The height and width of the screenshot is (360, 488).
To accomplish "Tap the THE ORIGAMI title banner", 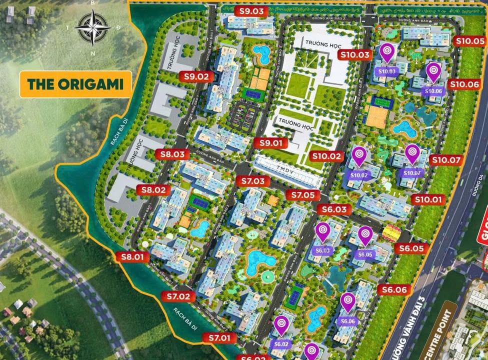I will [x=75, y=84].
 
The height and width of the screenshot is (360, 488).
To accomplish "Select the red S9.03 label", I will [x=254, y=11].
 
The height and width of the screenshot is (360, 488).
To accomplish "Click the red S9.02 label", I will [x=195, y=76].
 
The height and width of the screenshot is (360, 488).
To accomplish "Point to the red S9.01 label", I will [x=270, y=143].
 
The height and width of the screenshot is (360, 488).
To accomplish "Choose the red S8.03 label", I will [x=172, y=154].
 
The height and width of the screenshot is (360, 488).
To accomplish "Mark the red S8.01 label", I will [x=132, y=257].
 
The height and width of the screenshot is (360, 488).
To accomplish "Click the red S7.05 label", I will [x=303, y=195].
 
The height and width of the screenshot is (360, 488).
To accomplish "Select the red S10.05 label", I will [x=470, y=41].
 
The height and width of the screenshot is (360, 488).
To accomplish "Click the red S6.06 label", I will [x=394, y=289].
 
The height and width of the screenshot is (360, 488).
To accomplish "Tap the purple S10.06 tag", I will [x=433, y=91].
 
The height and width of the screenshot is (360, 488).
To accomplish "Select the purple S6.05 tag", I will [x=365, y=254].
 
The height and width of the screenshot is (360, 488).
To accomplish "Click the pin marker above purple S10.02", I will [x=359, y=155].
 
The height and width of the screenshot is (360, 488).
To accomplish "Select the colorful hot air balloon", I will [x=391, y=232].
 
